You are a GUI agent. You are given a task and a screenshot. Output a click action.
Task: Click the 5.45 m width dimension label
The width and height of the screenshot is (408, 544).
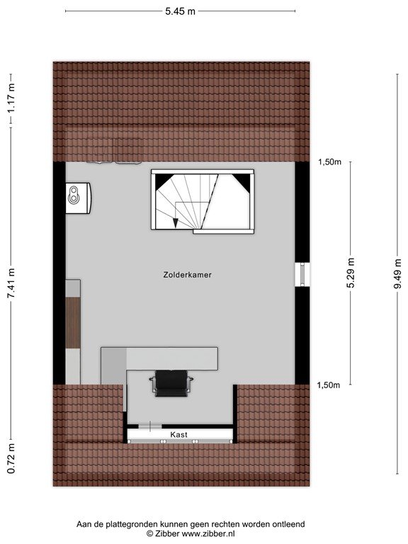coord(180,11)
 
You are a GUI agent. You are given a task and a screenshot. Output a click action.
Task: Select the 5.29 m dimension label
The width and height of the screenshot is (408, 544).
coord(351,273)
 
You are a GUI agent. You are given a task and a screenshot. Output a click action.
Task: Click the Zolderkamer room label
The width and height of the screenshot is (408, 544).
coord(187,274)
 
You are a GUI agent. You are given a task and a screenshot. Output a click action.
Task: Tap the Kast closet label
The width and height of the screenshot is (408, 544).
coord(178,433)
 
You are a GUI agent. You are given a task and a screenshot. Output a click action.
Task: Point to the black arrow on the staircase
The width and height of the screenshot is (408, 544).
coord(175,223)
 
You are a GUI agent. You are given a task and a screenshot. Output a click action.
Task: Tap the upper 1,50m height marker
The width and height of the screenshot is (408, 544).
coord(329,162)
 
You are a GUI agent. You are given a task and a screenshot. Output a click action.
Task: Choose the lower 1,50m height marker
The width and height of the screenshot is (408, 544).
coord(329,385)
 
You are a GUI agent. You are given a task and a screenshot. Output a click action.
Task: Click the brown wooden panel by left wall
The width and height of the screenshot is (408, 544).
coord(73,322)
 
